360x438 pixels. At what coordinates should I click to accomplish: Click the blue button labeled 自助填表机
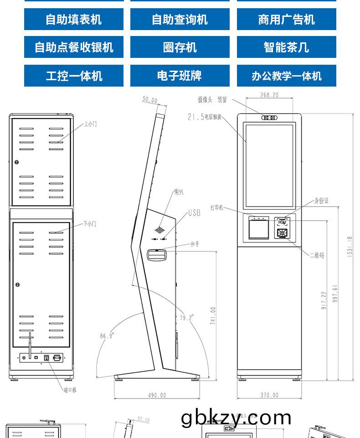pyautogui.click(x=73, y=20)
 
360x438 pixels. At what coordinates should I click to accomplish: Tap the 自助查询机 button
pyautogui.click(x=180, y=20)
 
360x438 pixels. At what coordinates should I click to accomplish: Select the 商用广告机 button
pyautogui.click(x=286, y=20)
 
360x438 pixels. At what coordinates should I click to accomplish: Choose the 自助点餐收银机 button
pyautogui.click(x=73, y=47)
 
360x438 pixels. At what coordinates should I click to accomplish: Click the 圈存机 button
pyautogui.click(x=180, y=47)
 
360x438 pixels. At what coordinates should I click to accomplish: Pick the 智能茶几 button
pyautogui.click(x=286, y=47)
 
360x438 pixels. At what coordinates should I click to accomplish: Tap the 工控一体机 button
pyautogui.click(x=73, y=76)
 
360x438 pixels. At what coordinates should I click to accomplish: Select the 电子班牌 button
pyautogui.click(x=180, y=76)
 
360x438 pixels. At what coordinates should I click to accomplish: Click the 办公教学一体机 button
pyautogui.click(x=286, y=76)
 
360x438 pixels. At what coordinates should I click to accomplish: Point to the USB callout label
pyautogui.click(x=194, y=213)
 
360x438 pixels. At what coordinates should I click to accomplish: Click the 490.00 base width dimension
pyautogui.click(x=157, y=395)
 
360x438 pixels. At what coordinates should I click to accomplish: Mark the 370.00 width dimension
pyautogui.click(x=269, y=395)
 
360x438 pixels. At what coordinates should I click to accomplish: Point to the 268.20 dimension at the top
pyautogui.click(x=269, y=95)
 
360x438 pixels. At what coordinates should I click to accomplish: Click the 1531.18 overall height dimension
pyautogui.click(x=350, y=247)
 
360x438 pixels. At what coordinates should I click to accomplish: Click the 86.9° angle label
pyautogui.click(x=107, y=336)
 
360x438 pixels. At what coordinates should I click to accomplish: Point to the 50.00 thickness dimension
pyautogui.click(x=149, y=100)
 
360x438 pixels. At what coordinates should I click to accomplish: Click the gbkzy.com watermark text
pyautogui.click(x=236, y=418)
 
